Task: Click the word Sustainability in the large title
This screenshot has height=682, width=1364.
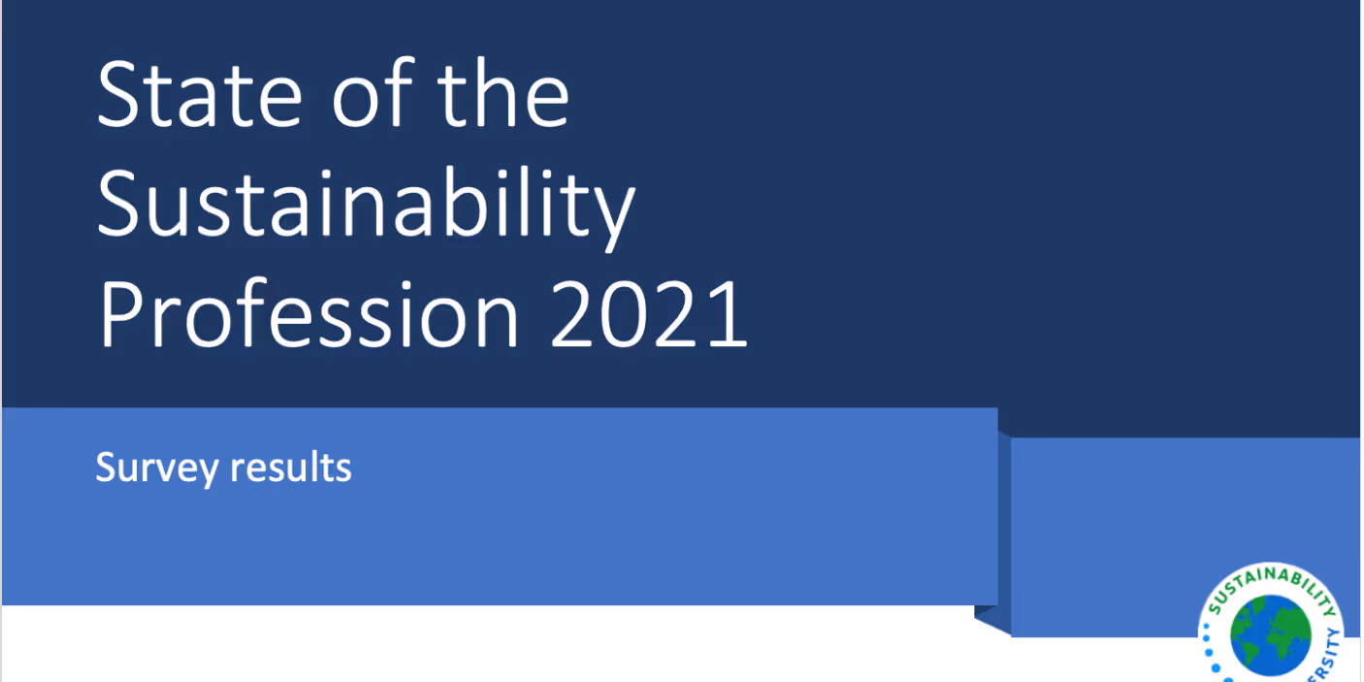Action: click(366, 206)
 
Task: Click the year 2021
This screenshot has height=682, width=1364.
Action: click(649, 316)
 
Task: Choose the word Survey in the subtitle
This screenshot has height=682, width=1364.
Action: click(156, 469)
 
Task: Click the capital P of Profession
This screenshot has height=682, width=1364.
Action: click(121, 316)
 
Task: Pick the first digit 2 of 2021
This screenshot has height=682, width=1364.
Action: click(576, 316)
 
